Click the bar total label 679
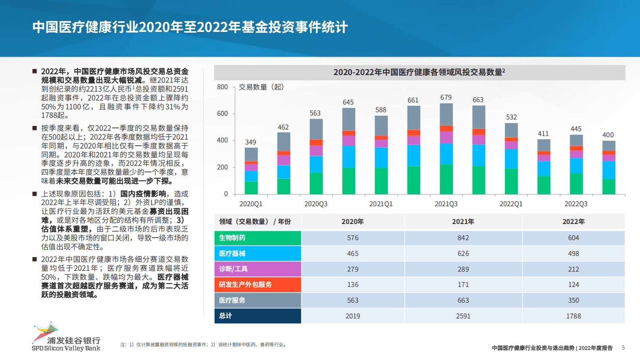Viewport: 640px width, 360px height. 446,98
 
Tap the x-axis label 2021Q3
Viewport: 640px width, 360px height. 446,204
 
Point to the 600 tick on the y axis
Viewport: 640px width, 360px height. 222,114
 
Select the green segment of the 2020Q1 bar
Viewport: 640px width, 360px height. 251,188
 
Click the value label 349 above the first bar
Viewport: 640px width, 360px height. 250,142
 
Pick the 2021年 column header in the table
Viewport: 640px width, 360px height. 463,222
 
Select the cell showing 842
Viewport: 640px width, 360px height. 463,238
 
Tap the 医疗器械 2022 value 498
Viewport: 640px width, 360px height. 573,254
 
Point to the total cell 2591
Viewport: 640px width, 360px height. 463,316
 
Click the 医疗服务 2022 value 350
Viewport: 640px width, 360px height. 573,301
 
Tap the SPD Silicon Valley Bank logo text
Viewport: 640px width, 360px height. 66,348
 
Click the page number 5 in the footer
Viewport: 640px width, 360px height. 623,348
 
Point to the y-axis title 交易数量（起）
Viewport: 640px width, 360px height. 261,87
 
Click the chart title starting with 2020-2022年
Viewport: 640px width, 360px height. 419,72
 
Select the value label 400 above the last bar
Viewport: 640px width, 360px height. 608,135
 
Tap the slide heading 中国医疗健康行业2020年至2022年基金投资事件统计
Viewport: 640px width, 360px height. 190,27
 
